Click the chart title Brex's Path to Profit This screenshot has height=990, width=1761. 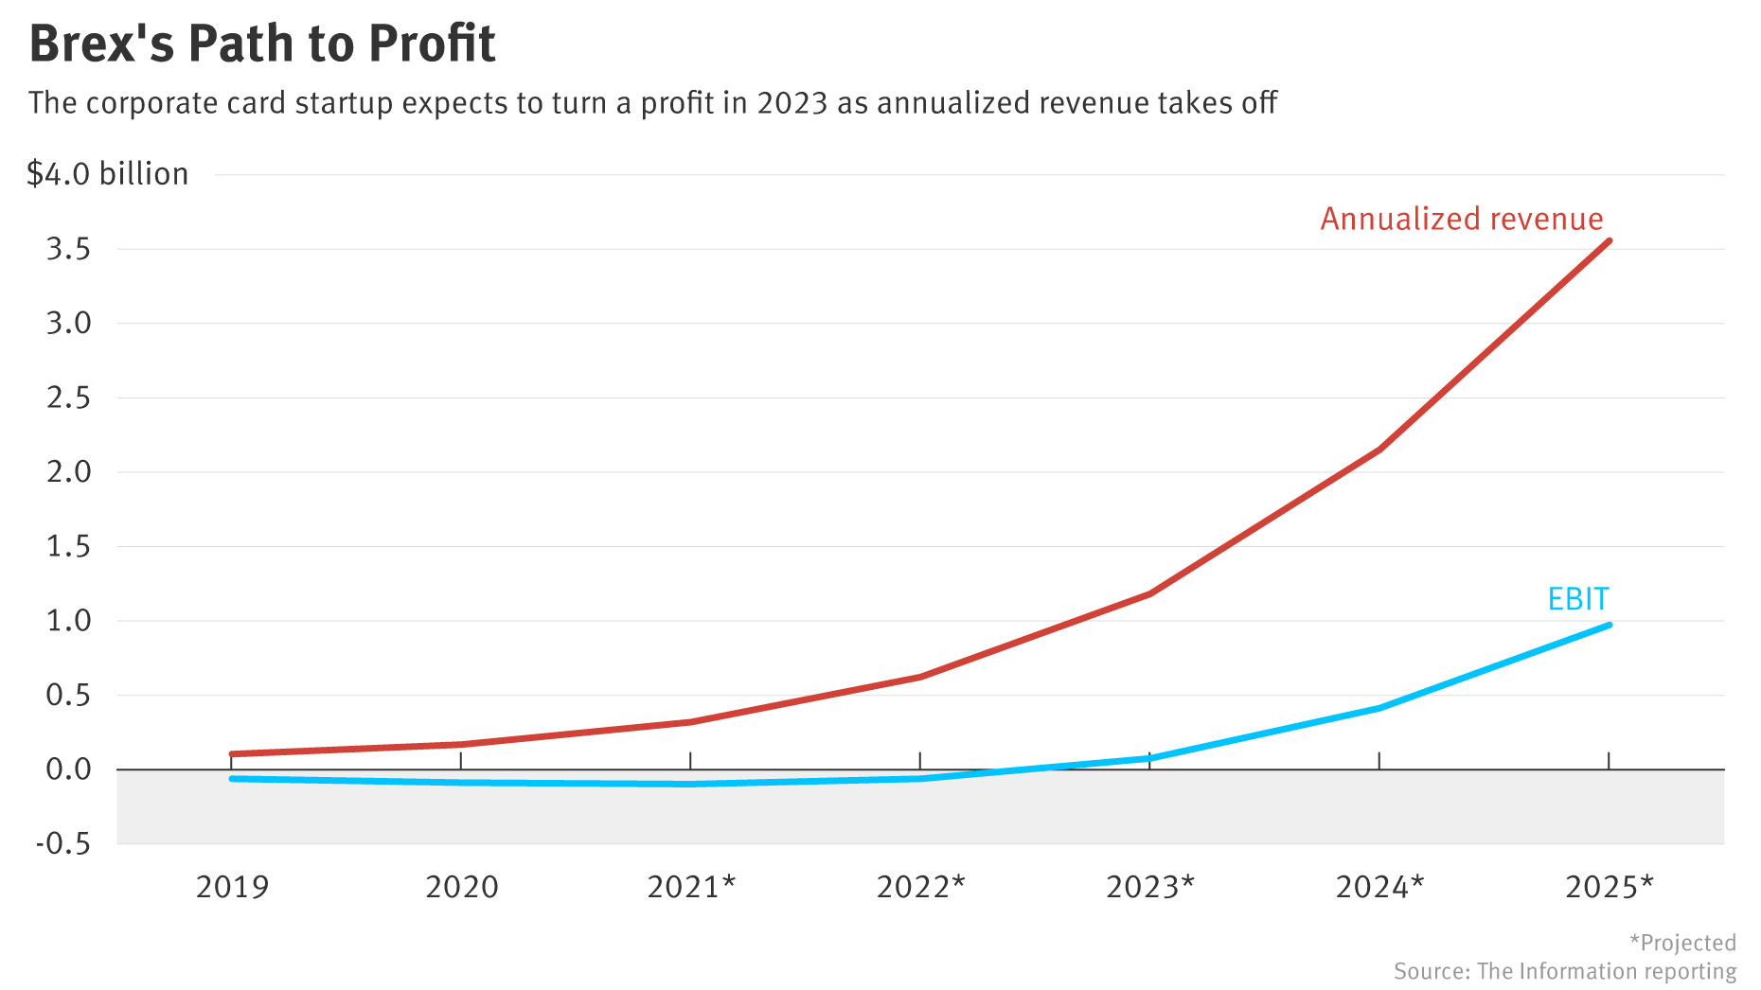(x=262, y=44)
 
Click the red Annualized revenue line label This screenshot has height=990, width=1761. (x=1461, y=219)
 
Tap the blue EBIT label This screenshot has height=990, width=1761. (x=1577, y=599)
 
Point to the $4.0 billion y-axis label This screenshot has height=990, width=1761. (x=108, y=174)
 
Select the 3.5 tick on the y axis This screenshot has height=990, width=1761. (x=68, y=249)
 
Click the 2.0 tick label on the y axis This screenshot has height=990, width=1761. (x=68, y=471)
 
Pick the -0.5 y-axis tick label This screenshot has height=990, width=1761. (x=62, y=843)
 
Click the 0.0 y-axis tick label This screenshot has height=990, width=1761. (x=68, y=769)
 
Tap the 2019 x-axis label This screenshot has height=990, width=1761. (x=232, y=887)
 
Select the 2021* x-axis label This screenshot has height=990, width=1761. (x=691, y=887)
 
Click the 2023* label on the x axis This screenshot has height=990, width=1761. (x=1150, y=887)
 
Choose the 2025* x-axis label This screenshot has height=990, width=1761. (x=1609, y=887)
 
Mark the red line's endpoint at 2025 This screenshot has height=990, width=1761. (x=1609, y=241)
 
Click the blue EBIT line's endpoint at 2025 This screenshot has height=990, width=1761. (x=1609, y=626)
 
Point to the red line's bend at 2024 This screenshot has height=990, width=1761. (x=1379, y=450)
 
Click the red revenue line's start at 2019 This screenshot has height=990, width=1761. (x=233, y=754)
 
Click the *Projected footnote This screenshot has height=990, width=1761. (x=1682, y=943)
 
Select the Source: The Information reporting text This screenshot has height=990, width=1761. (x=1564, y=972)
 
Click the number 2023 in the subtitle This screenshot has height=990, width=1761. (x=792, y=103)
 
